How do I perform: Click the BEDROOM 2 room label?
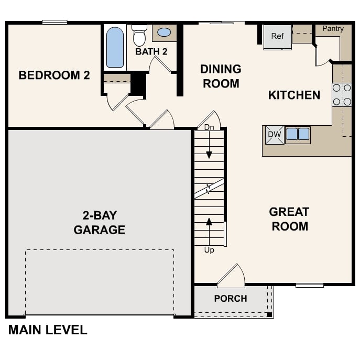click(x=54, y=75)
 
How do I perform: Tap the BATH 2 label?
click(x=151, y=52)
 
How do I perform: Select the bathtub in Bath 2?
click(x=115, y=47)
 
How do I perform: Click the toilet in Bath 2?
click(x=139, y=36)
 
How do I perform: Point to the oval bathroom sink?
click(x=164, y=32)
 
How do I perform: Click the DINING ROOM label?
click(x=221, y=76)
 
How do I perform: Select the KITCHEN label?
click(x=294, y=95)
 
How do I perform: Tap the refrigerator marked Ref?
click(x=277, y=37)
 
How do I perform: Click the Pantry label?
click(x=333, y=28)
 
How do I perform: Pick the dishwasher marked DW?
click(x=275, y=135)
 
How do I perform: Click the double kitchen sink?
click(x=297, y=135)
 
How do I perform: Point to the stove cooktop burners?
click(x=342, y=95)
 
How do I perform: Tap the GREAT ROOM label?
click(x=289, y=219)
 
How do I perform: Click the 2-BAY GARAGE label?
click(x=99, y=222)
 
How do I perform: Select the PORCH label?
click(x=230, y=299)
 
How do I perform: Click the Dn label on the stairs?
click(x=209, y=127)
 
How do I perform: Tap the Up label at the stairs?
click(x=209, y=250)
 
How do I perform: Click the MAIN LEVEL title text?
click(x=47, y=330)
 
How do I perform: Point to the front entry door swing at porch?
click(x=232, y=277)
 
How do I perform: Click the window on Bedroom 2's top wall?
click(x=54, y=22)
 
